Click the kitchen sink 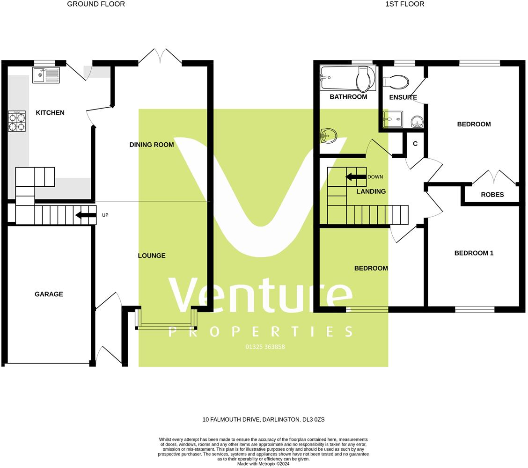pyautogui.click(x=46, y=75)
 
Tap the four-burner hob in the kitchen pyautogui.click(x=17, y=121)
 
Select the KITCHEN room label pyautogui.click(x=50, y=113)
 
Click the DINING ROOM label pyautogui.click(x=151, y=145)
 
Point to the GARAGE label pyautogui.click(x=49, y=294)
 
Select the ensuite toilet pyautogui.click(x=396, y=82)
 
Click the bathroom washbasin pyautogui.click(x=329, y=136)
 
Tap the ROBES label pyautogui.click(x=492, y=195)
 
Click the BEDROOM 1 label pyautogui.click(x=474, y=253)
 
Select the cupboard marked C pyautogui.click(x=415, y=144)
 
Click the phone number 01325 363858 pyautogui.click(x=265, y=347)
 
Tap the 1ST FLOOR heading pyautogui.click(x=404, y=4)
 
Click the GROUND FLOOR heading pyautogui.click(x=96, y=4)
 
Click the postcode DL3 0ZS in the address pyautogui.click(x=313, y=420)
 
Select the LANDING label pyautogui.click(x=371, y=191)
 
